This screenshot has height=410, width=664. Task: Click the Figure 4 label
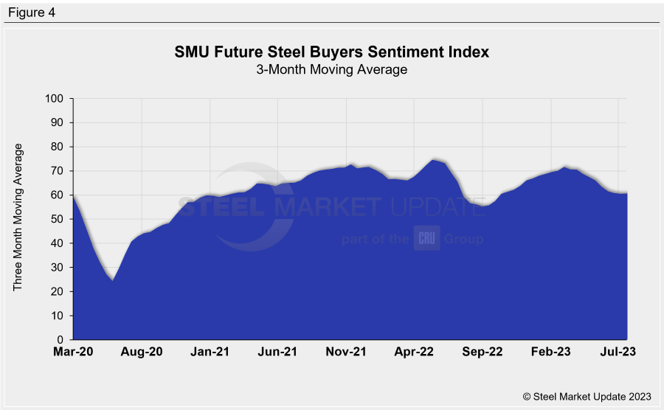coord(31,13)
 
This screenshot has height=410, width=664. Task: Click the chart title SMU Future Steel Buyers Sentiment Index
coord(332,52)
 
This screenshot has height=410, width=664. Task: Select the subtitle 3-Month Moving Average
coord(332,69)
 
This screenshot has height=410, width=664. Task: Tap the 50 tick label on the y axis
coord(57,219)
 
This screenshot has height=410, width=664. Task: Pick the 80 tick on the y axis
coord(57,147)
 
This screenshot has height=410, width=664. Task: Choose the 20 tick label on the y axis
coord(57,291)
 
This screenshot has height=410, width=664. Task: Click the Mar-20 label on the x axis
coord(74,352)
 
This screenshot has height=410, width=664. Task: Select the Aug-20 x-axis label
coord(142,352)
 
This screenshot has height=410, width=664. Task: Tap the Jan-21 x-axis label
coord(210,352)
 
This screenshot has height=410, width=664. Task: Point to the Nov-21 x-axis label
coord(347,352)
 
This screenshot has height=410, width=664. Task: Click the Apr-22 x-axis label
coord(415,352)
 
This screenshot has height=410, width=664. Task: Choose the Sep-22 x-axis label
coord(483,352)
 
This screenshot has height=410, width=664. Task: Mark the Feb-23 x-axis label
coord(551,352)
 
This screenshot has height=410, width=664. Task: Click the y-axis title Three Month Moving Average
coord(19,218)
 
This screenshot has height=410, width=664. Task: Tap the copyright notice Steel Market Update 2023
coord(587,396)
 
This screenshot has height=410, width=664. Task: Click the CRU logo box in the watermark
coord(426,238)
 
